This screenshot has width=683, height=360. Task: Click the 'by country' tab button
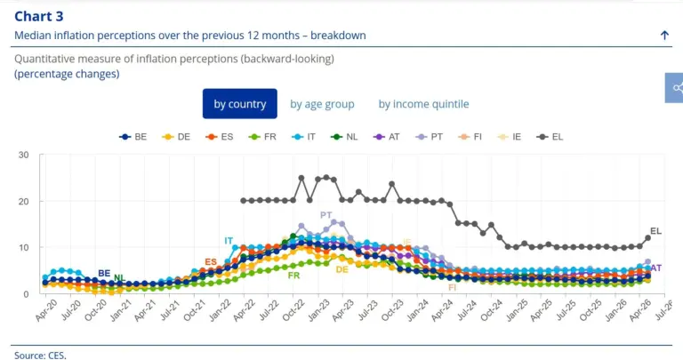click(x=239, y=104)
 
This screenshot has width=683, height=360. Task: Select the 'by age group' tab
click(x=322, y=104)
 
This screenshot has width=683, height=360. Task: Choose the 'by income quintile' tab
click(x=423, y=104)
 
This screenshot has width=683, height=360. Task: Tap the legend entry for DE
click(x=176, y=137)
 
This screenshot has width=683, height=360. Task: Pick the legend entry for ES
click(x=219, y=137)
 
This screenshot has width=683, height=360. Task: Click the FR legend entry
click(x=262, y=137)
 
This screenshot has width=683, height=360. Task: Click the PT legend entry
click(x=429, y=137)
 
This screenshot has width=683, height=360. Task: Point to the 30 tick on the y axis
click(x=23, y=155)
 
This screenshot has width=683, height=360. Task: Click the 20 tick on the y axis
click(x=23, y=202)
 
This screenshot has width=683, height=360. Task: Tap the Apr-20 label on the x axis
click(x=45, y=310)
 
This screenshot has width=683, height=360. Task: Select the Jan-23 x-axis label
click(x=318, y=310)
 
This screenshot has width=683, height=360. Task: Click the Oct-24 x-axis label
click(x=491, y=310)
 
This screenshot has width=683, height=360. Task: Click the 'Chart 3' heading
click(x=39, y=16)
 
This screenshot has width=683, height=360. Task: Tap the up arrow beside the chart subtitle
click(x=664, y=36)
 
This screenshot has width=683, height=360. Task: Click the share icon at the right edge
click(x=676, y=88)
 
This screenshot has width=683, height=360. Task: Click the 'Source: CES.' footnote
click(x=40, y=356)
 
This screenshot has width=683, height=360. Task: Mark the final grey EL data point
click(x=647, y=237)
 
